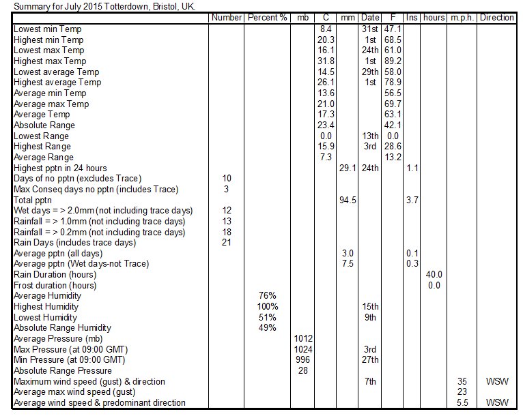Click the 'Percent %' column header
pyautogui.click(x=267, y=17)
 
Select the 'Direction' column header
pyautogui.click(x=496, y=17)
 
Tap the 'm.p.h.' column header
pyautogui.click(x=462, y=18)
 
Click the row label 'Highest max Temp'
pyautogui.click(x=50, y=61)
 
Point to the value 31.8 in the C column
pyautogui.click(x=326, y=61)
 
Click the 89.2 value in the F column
pyautogui.click(x=393, y=61)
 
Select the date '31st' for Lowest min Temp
pyautogui.click(x=370, y=29)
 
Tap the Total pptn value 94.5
pyautogui.click(x=348, y=200)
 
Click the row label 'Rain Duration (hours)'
pyautogui.click(x=55, y=275)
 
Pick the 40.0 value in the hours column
pyautogui.click(x=434, y=274)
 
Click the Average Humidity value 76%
pyautogui.click(x=267, y=295)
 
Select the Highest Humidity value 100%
pyautogui.click(x=267, y=306)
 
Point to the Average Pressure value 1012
pyautogui.click(x=303, y=338)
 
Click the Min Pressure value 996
pyautogui.click(x=302, y=359)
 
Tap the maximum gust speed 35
pyautogui.click(x=462, y=381)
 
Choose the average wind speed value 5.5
pyautogui.click(x=462, y=402)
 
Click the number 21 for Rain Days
pyautogui.click(x=227, y=242)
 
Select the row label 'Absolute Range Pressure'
pyautogui.click(x=63, y=371)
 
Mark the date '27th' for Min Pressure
pyautogui.click(x=370, y=359)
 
